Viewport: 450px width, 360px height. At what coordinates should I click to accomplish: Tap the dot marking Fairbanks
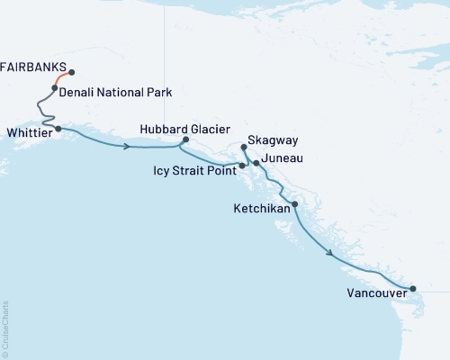point(71,73)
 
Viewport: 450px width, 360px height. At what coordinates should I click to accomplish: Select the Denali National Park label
point(115,93)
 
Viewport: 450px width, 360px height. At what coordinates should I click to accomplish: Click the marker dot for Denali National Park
point(55,88)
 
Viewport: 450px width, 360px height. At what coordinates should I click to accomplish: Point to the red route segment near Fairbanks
point(61,78)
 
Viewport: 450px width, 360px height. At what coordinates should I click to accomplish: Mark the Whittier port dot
point(58,129)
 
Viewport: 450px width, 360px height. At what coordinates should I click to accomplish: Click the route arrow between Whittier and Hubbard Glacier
point(127,146)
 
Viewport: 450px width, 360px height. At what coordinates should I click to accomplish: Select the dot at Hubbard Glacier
point(185,139)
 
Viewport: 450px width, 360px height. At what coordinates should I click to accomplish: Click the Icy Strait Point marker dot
point(241,166)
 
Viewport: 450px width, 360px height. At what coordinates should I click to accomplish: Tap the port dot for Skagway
point(244,148)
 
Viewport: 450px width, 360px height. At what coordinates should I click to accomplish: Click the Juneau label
point(283,158)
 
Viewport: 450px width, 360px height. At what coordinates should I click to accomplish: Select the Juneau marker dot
point(256,163)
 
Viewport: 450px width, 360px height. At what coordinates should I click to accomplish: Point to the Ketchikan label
point(259,208)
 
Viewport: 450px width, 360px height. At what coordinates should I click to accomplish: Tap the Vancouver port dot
point(413,289)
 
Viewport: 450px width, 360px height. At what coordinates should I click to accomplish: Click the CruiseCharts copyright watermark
point(5,328)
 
